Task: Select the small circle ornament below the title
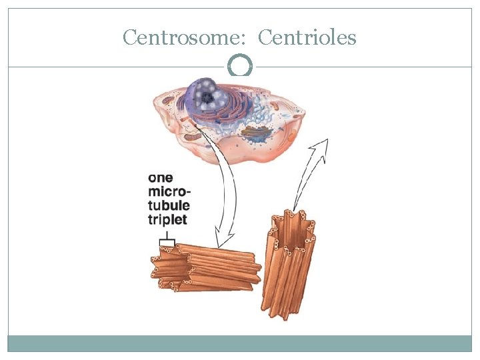point(240,66)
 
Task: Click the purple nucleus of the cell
point(207,97)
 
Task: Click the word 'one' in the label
point(161,178)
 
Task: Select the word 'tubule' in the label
point(168,205)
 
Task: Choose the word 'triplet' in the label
point(167,219)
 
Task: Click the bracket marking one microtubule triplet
point(167,241)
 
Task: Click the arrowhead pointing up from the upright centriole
point(323,145)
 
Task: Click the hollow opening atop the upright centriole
point(291,223)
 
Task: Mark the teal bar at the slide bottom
point(240,343)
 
